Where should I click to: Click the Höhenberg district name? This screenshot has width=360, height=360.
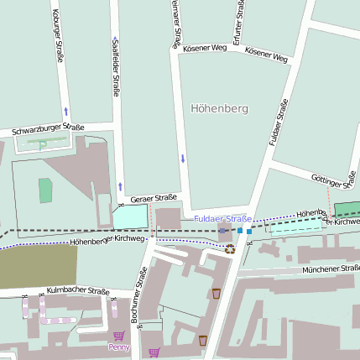pos(220,108)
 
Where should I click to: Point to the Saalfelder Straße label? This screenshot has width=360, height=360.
pos(115,65)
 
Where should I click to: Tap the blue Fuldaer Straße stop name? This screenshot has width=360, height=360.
pos(222,219)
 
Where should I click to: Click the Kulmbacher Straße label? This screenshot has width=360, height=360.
pos(78,290)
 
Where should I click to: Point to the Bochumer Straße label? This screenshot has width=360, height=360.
pos(142,292)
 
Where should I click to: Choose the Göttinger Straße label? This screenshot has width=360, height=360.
pos(330,180)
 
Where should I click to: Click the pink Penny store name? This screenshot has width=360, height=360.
pos(119,347)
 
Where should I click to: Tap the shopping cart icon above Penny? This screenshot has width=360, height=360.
pos(119,336)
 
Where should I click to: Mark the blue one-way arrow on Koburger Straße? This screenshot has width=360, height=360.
pos(65,110)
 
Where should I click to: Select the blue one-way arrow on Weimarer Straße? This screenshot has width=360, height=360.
pos(182,158)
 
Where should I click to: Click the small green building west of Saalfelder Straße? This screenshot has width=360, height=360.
pos(45,190)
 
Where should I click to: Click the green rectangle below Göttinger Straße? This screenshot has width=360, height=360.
pos(345,209)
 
